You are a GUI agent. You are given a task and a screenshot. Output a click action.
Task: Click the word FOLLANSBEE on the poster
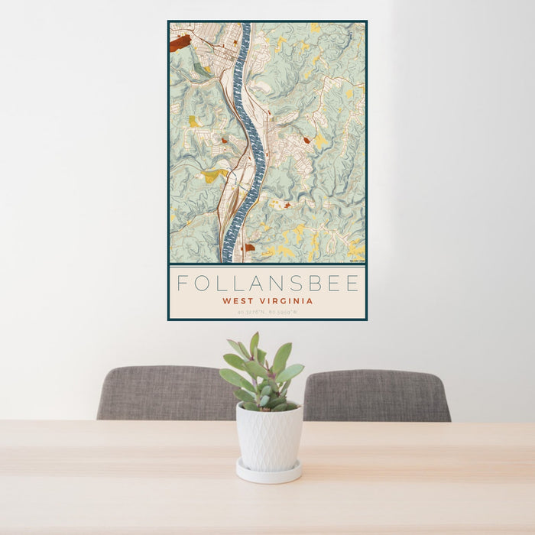point(267,284)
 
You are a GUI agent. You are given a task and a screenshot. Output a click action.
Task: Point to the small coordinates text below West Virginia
point(267,312)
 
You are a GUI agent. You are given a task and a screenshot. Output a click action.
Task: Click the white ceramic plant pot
point(268,436)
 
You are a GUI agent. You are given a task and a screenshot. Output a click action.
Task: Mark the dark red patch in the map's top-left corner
point(180,43)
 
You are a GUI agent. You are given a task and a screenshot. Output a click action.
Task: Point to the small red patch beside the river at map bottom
point(249,247)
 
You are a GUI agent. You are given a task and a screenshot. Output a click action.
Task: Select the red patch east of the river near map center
point(306,140)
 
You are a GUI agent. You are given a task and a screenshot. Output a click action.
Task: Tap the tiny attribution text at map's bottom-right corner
point(357,261)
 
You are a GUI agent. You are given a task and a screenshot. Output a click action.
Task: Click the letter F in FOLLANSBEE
point(183,284)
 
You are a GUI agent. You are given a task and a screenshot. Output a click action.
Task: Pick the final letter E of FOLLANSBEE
point(352,284)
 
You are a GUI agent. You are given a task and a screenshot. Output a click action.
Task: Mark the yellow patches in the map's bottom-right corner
point(356,248)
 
